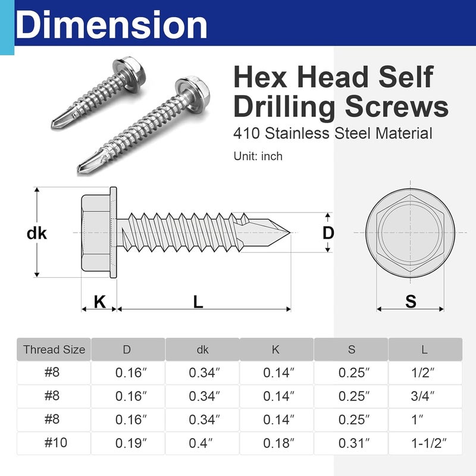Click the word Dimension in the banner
tap(111, 25)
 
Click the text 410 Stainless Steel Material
tap(332, 133)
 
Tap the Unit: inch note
tap(258, 156)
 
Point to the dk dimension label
tap(37, 233)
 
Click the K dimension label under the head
tap(99, 302)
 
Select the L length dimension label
tap(198, 302)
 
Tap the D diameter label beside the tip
tap(328, 233)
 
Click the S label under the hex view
tap(411, 302)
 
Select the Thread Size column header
tap(54, 350)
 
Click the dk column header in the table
tap(202, 350)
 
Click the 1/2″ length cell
tap(425, 373)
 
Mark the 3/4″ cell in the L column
tap(425, 396)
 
